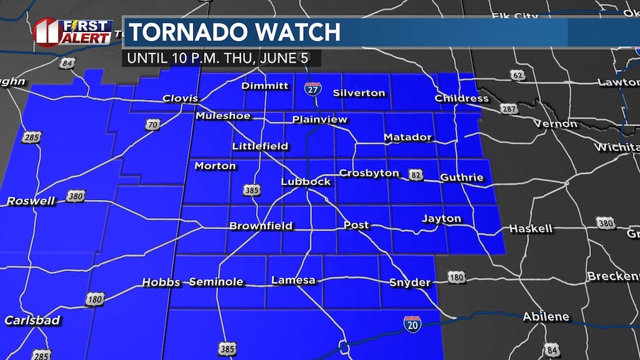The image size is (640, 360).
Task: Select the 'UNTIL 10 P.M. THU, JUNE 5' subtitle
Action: (x=222, y=57)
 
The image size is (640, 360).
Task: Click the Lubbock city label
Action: (x=306, y=181)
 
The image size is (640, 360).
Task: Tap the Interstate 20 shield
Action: (x=412, y=323)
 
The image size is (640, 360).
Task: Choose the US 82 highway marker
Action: (x=416, y=174)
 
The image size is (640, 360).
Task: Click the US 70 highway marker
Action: (x=152, y=124)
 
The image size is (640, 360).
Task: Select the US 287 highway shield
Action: (x=509, y=108)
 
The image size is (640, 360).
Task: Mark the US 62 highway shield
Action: (x=518, y=74)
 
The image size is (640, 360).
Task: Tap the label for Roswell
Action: (x=31, y=201)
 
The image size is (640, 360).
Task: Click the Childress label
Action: (x=462, y=98)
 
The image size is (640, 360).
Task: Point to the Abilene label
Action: (x=545, y=317)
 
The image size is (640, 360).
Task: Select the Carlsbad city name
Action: (x=32, y=320)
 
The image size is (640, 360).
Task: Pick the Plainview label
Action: (x=319, y=120)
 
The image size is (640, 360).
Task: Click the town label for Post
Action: (x=356, y=225)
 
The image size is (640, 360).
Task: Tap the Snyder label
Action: (x=409, y=282)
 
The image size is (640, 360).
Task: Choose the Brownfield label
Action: (x=261, y=226)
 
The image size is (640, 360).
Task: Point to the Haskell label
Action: (x=530, y=229)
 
